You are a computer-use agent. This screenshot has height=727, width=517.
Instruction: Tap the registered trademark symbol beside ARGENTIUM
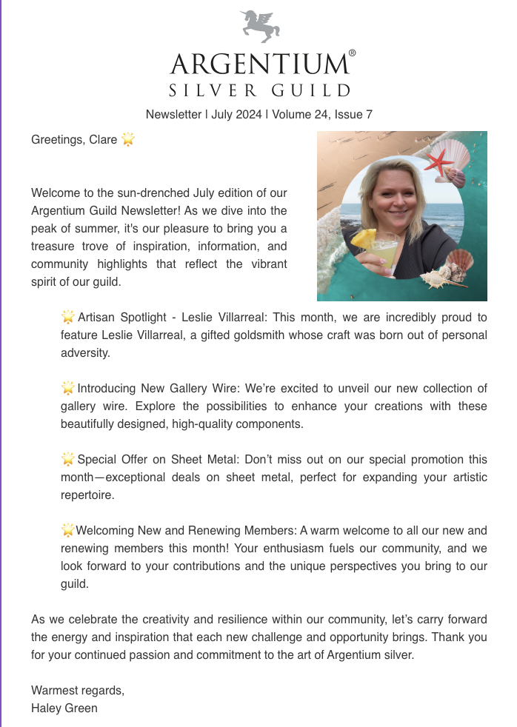352,54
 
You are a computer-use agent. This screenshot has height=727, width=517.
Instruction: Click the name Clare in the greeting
102,139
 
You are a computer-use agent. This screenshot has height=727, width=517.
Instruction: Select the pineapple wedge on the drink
363,238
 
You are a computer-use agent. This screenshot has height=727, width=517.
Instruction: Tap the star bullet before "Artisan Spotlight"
67,317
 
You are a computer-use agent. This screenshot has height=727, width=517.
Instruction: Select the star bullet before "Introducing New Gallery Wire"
67,388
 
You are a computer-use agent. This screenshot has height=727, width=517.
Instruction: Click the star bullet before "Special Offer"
67,460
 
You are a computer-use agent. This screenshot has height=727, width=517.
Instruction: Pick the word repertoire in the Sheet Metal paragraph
87,495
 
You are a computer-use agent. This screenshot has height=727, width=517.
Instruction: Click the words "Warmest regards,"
78,690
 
